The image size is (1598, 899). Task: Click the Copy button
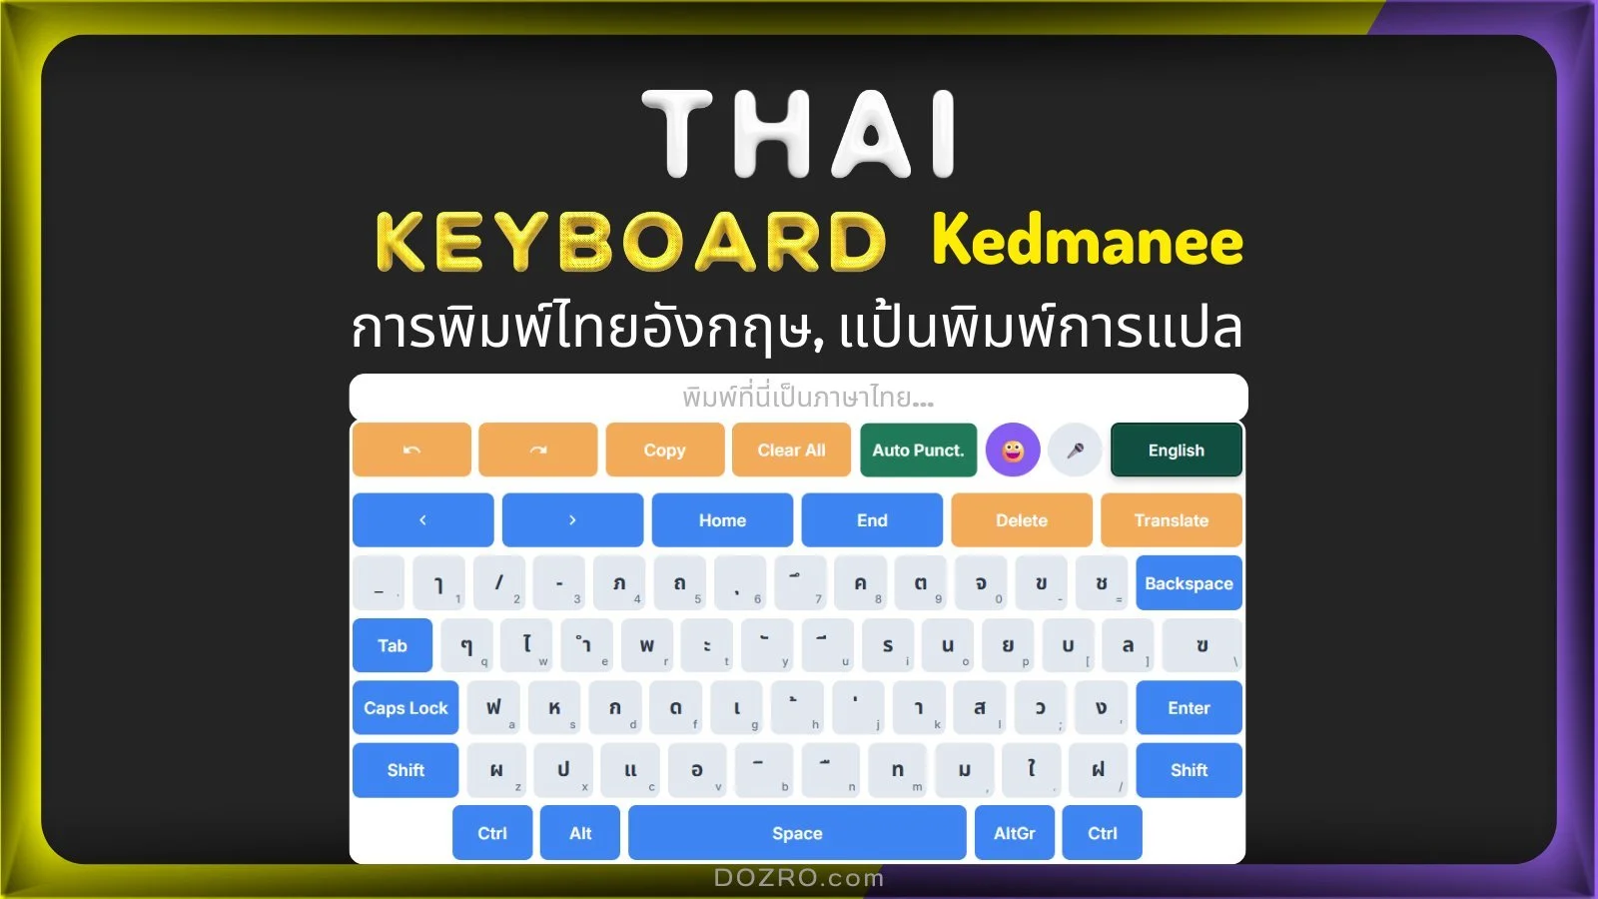(x=664, y=450)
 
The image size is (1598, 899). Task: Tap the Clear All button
(x=791, y=450)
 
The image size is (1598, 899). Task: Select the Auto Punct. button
(x=918, y=450)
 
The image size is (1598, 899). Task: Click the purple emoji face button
(x=1013, y=450)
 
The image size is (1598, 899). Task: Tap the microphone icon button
(x=1075, y=450)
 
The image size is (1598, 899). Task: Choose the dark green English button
(x=1176, y=450)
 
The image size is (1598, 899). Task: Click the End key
(x=872, y=520)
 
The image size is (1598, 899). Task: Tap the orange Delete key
(x=1021, y=520)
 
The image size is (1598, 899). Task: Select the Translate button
(x=1171, y=520)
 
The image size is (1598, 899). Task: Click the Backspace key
(x=1189, y=583)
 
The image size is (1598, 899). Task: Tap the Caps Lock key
(x=405, y=708)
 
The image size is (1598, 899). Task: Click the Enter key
(x=1189, y=708)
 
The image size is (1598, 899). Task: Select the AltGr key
(x=1014, y=833)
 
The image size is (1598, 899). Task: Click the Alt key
(x=580, y=833)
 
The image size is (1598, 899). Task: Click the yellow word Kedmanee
(x=1087, y=242)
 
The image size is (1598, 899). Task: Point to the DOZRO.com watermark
(x=799, y=878)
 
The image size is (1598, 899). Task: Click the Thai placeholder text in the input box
(x=808, y=398)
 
